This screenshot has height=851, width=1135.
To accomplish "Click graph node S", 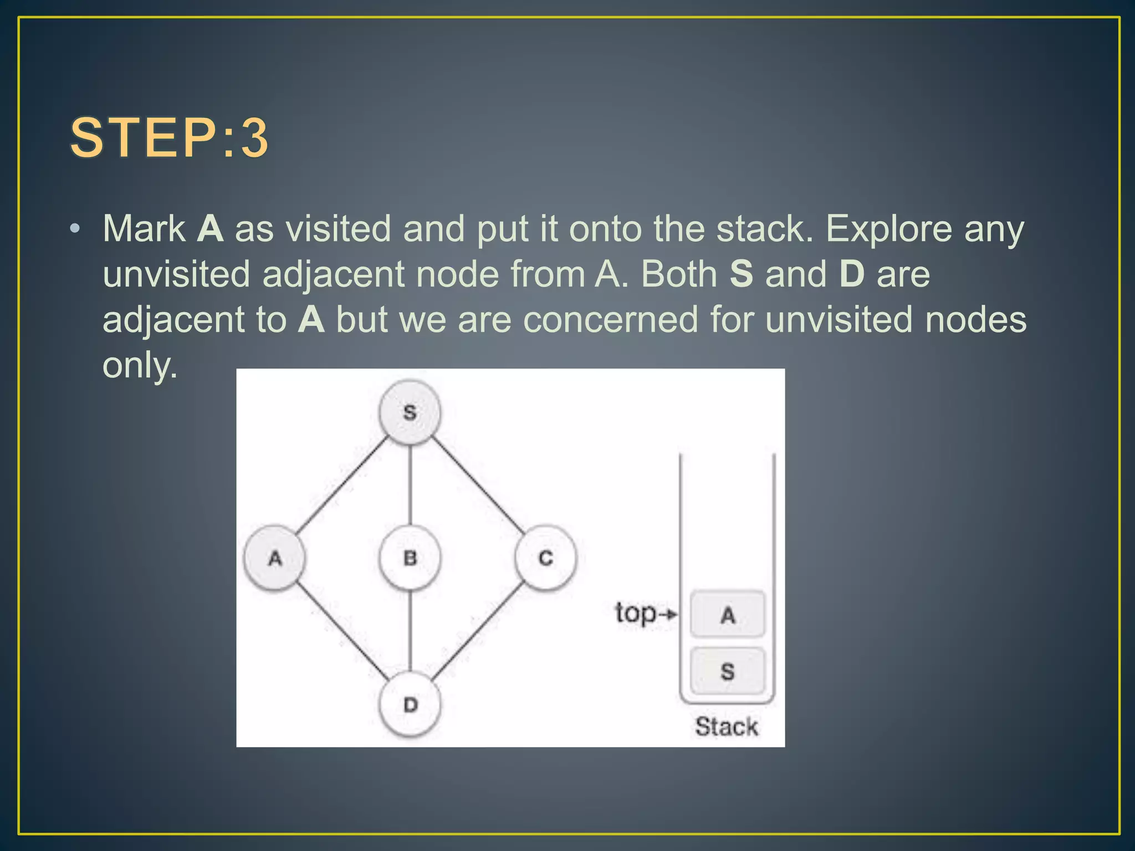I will (410, 412).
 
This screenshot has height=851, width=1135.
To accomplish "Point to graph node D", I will (410, 705).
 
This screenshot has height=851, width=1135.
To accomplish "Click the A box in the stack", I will (727, 614).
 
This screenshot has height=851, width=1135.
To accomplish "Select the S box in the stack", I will (727, 671).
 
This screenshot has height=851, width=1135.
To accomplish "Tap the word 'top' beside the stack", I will (636, 613).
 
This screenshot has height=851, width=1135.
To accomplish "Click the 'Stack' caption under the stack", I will (726, 726).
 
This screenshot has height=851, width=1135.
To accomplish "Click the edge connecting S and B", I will (410, 485).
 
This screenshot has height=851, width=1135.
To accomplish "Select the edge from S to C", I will (478, 485).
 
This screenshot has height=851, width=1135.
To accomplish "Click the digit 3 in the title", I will (254, 138).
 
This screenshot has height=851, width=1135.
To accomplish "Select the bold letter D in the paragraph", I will (852, 274).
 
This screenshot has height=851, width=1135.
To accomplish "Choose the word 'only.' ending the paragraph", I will (140, 366).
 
